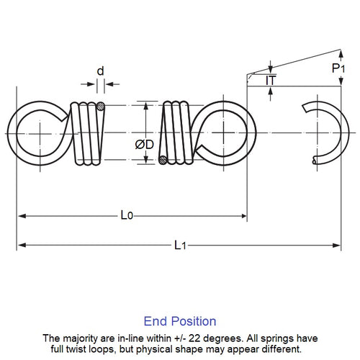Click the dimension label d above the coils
(x=100, y=71)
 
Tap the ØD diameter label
(x=143, y=144)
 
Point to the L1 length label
(x=181, y=245)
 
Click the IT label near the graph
(x=271, y=81)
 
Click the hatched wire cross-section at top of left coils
(x=102, y=108)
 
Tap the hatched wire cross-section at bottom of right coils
(x=165, y=160)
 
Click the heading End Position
(x=180, y=321)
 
